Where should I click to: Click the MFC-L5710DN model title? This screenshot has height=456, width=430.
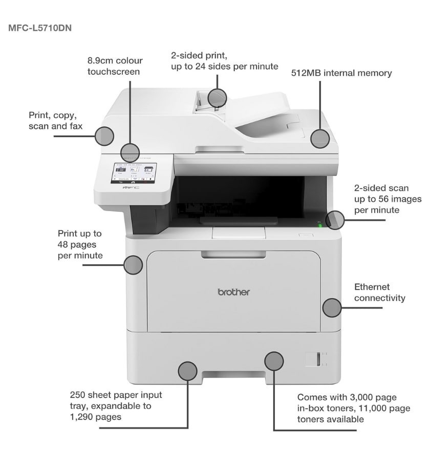click(40, 28)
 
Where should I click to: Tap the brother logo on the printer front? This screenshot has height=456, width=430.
click(234, 292)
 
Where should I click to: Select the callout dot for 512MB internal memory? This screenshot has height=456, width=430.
click(320, 139)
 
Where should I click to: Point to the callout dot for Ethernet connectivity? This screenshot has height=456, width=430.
click(332, 308)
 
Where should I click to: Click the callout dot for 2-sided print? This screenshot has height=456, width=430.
click(217, 97)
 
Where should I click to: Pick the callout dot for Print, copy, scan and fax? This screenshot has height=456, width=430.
click(104, 136)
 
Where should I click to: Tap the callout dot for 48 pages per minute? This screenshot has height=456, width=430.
click(134, 265)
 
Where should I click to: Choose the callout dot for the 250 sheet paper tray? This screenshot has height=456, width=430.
click(188, 371)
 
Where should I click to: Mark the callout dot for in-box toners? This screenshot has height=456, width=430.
click(274, 361)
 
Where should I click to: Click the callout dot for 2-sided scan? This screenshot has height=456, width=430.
click(336, 220)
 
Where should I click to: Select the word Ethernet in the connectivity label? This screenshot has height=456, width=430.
click(372, 287)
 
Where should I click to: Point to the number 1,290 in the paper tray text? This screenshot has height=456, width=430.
click(81, 417)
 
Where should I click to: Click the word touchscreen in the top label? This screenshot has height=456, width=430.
click(114, 72)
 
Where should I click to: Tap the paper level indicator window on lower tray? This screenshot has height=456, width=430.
click(318, 359)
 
